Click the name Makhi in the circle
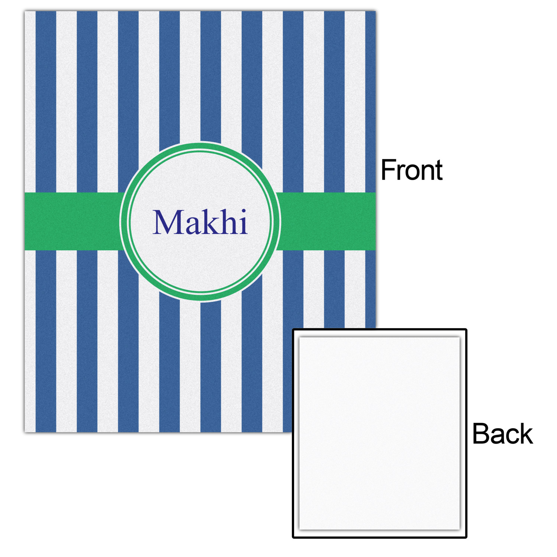point(200,222)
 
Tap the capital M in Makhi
point(169,222)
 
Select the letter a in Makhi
point(193,226)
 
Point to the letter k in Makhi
point(211,222)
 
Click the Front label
point(412,170)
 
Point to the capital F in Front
point(388,170)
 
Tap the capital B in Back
point(481,434)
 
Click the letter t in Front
point(439,171)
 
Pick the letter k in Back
point(525,434)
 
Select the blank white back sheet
point(380,433)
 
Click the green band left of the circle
point(73,221)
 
